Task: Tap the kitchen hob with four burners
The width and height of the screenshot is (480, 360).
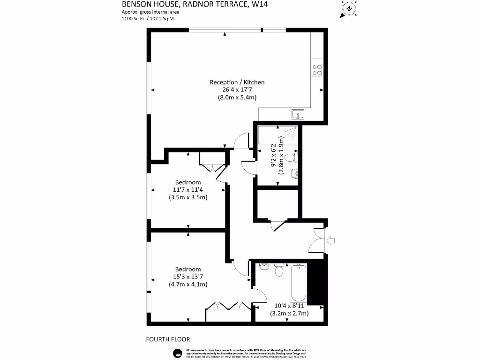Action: (317, 70)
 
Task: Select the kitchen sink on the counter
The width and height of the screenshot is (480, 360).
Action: (298, 114)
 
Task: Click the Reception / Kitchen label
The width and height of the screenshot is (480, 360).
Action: (237, 82)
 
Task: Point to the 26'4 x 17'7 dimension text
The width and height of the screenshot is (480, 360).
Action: (237, 90)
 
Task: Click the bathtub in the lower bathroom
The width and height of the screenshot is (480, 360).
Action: (299, 283)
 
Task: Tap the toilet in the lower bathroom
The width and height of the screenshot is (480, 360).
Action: (278, 270)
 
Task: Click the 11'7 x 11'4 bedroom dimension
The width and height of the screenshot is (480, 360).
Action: (188, 190)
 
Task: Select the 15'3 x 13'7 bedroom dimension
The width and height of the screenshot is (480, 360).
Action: (188, 277)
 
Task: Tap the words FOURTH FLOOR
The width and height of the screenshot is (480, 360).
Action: (168, 339)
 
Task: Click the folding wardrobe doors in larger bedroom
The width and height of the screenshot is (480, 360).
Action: (228, 305)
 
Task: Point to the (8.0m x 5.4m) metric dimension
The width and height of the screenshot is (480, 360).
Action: (237, 97)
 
